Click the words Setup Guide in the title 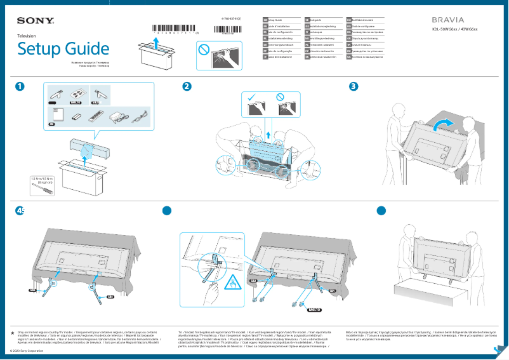pyautogui.click(x=63, y=49)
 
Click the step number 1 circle pyautogui.click(x=21, y=87)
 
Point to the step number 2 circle pyautogui.click(x=187, y=87)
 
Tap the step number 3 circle pyautogui.click(x=354, y=87)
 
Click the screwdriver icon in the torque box pyautogui.click(x=43, y=191)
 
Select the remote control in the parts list pyautogui.click(x=95, y=117)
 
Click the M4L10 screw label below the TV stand pyautogui.click(x=315, y=310)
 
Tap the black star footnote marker pyautogui.click(x=13, y=332)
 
